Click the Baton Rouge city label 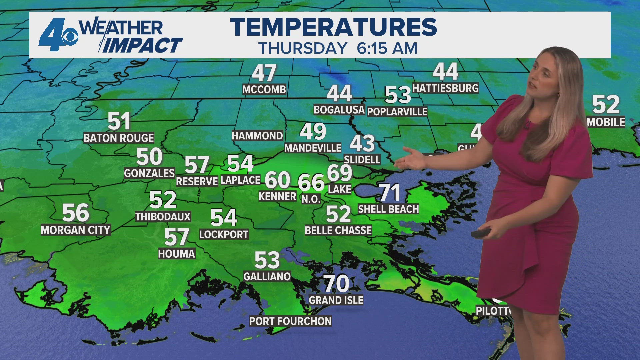click(118, 138)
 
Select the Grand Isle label click(336, 300)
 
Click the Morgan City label click(75, 230)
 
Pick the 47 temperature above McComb click(264, 73)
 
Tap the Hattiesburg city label click(445, 88)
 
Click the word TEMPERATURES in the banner click(333, 27)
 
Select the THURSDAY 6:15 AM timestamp click(338, 48)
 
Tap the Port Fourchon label click(290, 321)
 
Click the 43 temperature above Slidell click(362, 143)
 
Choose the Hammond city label click(257, 136)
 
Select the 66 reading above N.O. click(311, 182)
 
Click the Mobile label click(606, 122)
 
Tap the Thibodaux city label click(163, 217)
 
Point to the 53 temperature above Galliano click(267, 260)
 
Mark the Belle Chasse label click(338, 230)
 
